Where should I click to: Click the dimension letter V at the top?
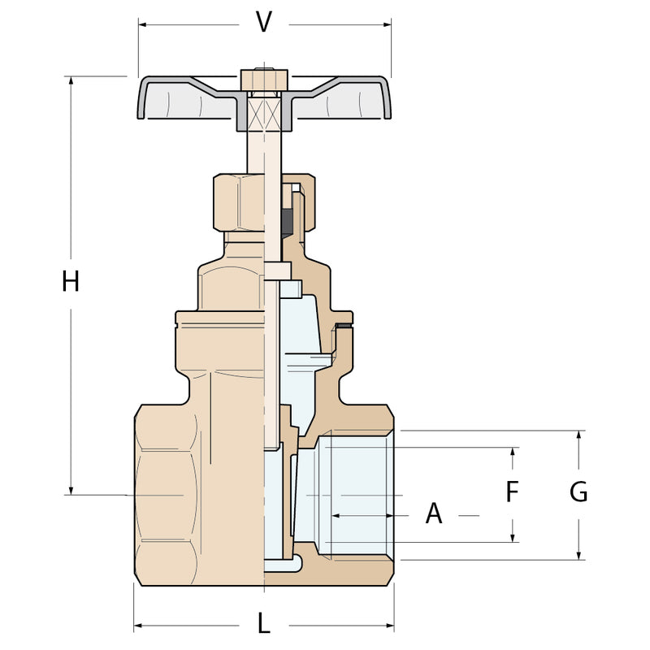point(263,22)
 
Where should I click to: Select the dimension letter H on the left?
point(71,280)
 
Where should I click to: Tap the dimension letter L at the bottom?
point(264,623)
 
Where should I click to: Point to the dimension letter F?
point(513,491)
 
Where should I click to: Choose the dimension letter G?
point(578,492)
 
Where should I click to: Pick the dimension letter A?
point(434,513)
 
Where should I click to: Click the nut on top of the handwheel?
point(264,80)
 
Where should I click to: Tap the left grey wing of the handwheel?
point(187,98)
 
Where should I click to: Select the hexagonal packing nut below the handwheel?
point(239,202)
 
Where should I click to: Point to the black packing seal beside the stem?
point(287,223)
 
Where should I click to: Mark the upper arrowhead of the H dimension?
point(71,80)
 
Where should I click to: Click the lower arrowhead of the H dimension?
point(71,491)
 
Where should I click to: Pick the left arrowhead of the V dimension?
point(143,25)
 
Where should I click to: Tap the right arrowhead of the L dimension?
point(389,625)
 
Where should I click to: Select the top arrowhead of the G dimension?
point(579,435)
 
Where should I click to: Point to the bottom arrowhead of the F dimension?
point(513,538)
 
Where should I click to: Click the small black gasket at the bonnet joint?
point(344,326)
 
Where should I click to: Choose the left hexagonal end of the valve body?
point(166,495)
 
